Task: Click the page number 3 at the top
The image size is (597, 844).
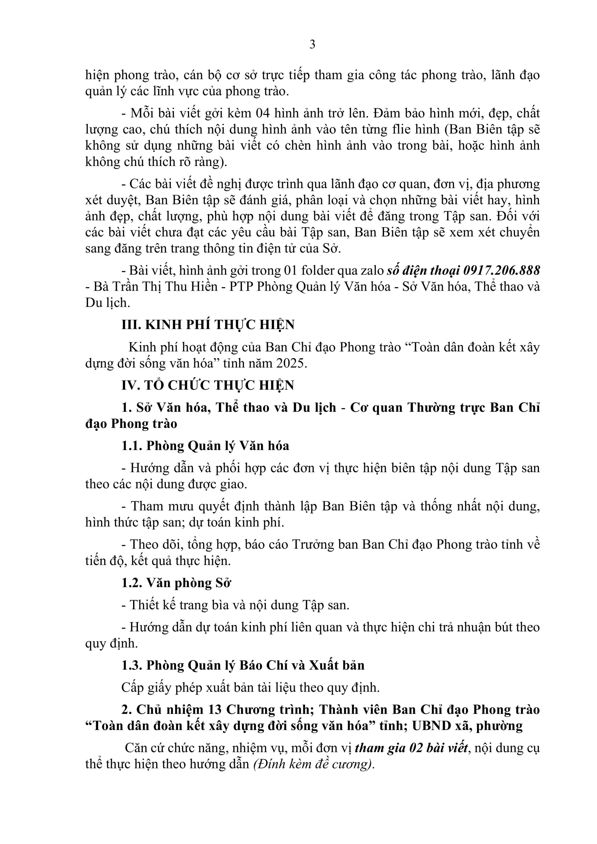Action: [312, 44]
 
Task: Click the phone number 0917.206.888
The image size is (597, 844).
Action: [501, 271]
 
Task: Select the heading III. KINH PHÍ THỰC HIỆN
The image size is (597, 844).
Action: [208, 325]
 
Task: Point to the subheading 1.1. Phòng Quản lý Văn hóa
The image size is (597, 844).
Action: [205, 446]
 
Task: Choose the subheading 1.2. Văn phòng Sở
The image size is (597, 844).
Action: [176, 583]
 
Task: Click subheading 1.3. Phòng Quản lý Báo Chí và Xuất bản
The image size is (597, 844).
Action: [243, 665]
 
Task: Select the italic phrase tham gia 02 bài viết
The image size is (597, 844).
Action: [412, 748]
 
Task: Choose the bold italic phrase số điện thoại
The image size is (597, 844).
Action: [423, 271]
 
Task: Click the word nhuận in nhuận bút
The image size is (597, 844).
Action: [474, 627]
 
